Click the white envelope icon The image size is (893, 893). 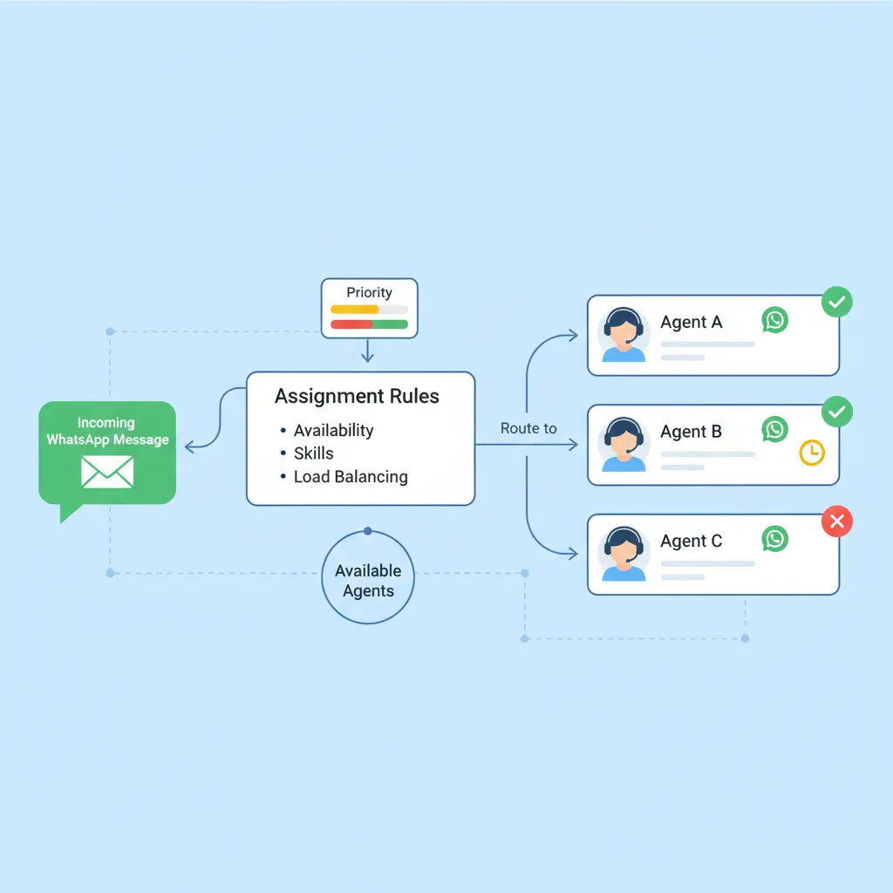click(107, 472)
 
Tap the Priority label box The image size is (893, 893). click(369, 308)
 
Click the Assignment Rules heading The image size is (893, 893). click(357, 397)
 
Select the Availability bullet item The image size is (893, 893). click(333, 430)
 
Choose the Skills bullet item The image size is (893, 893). click(313, 453)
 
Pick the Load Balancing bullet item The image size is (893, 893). click(350, 477)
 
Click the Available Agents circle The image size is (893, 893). click(368, 581)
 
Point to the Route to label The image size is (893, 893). click(528, 429)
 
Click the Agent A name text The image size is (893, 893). click(692, 322)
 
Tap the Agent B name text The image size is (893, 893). click(692, 432)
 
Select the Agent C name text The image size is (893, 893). click(692, 541)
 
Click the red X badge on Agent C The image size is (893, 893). click(837, 522)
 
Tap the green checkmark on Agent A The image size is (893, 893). click(837, 303)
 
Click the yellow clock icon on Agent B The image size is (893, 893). click(812, 452)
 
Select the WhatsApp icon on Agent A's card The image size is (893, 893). click(774, 320)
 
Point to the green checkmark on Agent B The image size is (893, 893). click(837, 412)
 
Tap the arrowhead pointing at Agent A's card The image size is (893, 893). click(573, 335)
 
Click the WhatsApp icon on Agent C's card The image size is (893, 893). click(774, 539)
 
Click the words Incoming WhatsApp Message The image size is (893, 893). click(107, 432)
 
